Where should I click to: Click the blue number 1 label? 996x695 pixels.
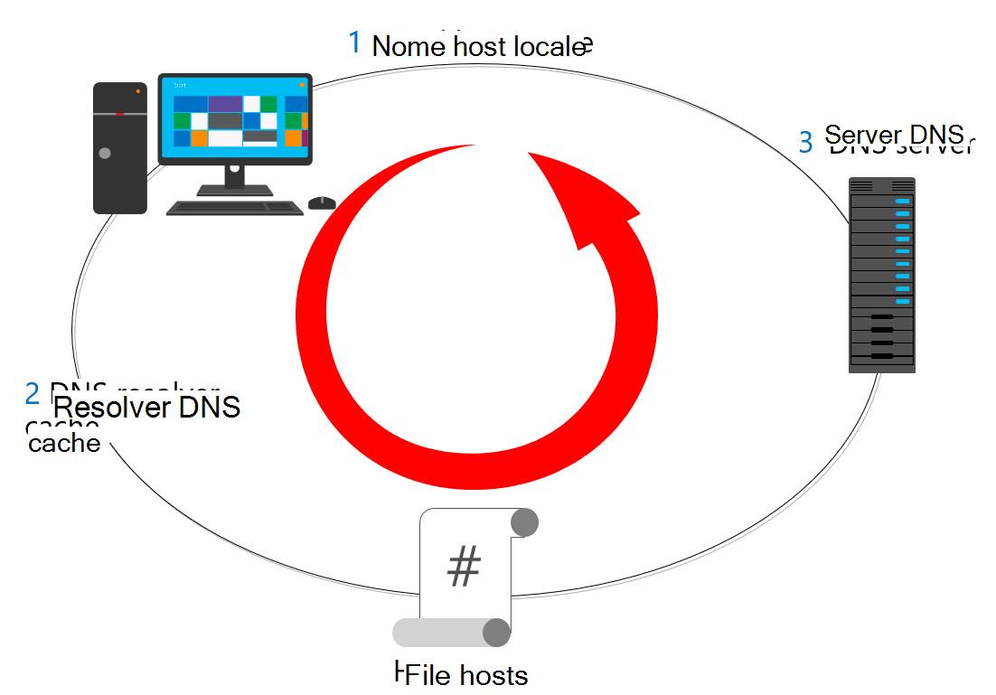(x=354, y=42)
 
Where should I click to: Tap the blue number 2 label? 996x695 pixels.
(x=33, y=393)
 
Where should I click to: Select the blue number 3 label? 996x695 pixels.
(x=805, y=142)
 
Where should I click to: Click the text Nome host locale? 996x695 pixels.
(x=478, y=46)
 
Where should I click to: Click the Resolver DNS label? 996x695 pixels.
(x=147, y=408)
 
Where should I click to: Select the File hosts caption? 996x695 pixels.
(x=467, y=674)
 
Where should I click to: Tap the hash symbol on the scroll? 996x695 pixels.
(x=464, y=567)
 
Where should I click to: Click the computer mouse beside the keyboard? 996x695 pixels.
(x=322, y=202)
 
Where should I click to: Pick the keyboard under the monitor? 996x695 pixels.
(x=235, y=208)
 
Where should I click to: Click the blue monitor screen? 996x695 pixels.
(x=235, y=118)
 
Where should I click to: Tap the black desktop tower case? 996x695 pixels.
(x=120, y=147)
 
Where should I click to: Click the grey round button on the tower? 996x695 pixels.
(x=105, y=154)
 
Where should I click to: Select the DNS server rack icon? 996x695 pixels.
(x=881, y=275)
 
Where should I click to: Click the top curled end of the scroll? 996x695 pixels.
(x=525, y=522)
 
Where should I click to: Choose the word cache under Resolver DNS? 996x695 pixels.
(x=64, y=444)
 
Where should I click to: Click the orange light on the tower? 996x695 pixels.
(x=137, y=91)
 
